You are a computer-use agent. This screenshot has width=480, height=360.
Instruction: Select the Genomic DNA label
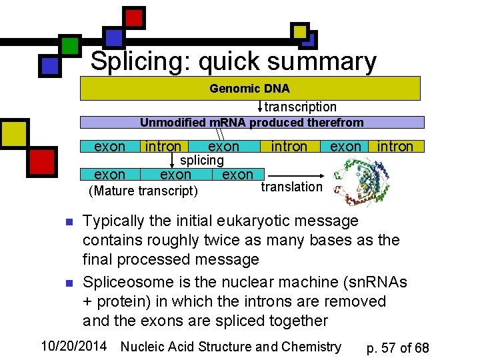[249, 89]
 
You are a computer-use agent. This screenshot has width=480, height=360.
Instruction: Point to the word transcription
[301, 107]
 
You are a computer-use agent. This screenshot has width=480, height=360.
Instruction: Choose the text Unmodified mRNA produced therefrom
[251, 123]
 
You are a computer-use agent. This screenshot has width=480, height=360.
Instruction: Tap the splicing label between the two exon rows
[202, 160]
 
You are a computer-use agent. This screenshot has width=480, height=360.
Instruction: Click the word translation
[291, 187]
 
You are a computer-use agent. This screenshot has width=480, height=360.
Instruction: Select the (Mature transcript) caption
[143, 191]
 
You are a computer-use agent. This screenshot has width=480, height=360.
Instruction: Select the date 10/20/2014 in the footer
[75, 346]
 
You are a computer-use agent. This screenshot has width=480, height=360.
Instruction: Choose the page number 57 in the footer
[393, 348]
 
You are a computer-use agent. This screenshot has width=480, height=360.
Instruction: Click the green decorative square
[70, 45]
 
